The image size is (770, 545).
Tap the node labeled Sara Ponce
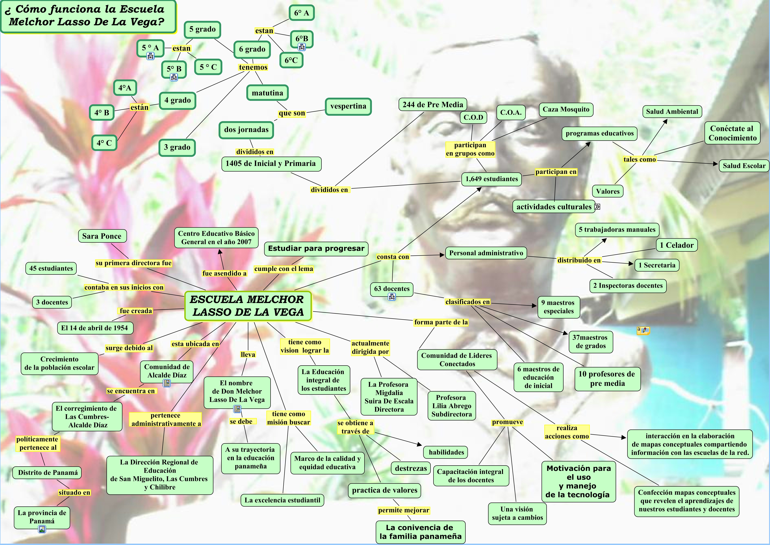tap(102, 236)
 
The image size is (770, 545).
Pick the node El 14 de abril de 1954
tap(95, 328)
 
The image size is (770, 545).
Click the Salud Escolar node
tap(744, 166)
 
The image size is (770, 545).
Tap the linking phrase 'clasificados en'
tap(467, 302)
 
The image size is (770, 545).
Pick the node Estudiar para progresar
tap(316, 249)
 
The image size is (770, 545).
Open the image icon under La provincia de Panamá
tap(42, 529)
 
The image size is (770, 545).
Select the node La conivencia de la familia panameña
tap(420, 532)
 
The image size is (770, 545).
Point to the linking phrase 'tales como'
tap(639, 159)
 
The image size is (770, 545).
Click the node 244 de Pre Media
tap(433, 105)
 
